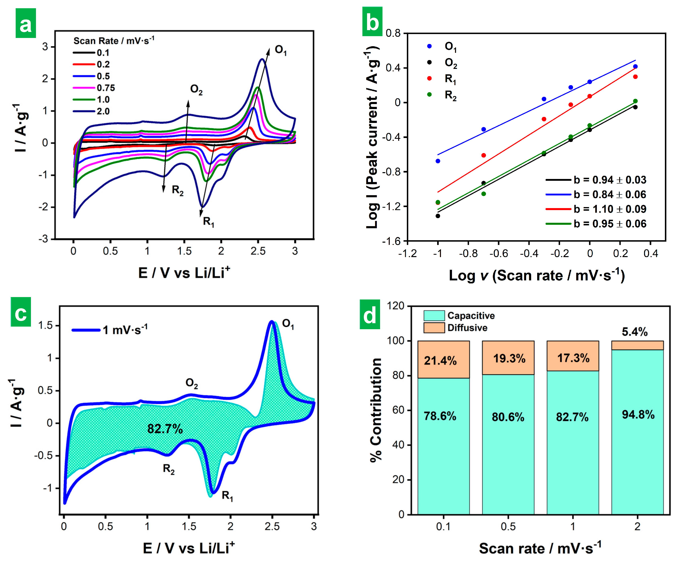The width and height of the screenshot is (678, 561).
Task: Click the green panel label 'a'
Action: coord(26,23)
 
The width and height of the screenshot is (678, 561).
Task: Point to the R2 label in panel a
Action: coord(177,190)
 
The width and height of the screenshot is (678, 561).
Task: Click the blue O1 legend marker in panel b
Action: coord(429,46)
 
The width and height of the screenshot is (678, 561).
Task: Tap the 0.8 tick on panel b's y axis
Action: coord(393,33)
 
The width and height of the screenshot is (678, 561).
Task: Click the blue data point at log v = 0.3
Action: coord(635,66)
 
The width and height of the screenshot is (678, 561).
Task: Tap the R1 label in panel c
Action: coord(227,496)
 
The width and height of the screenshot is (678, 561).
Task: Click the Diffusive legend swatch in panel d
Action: coord(434,328)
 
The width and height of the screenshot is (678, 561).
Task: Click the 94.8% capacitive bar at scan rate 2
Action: coord(637,420)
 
